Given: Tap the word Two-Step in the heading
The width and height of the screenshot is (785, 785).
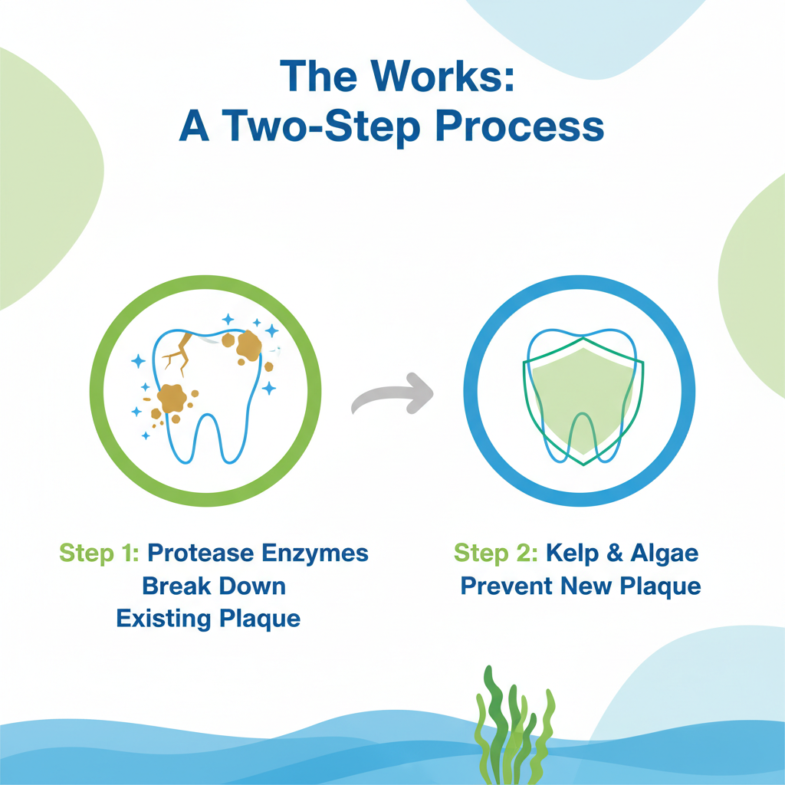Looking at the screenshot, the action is [x=321, y=127].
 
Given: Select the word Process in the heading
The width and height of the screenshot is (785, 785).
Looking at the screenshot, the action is [x=520, y=127].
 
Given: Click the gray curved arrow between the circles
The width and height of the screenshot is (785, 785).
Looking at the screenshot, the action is [x=392, y=394].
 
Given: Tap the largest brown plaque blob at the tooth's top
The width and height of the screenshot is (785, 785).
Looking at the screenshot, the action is [x=249, y=346].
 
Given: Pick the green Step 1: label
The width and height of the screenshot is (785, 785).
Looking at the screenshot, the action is [x=99, y=553].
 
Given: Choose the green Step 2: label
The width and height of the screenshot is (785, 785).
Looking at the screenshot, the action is [x=496, y=553].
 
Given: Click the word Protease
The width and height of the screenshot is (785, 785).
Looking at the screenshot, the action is [x=201, y=553].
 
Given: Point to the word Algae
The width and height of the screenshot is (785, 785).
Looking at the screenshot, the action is [x=665, y=554].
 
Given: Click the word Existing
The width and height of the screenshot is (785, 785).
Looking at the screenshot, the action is [x=163, y=619].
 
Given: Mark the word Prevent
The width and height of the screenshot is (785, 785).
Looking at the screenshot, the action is [x=506, y=586].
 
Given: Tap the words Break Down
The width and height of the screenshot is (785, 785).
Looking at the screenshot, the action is [x=214, y=586].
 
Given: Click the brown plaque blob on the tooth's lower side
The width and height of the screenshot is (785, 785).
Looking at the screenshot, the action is [x=172, y=399].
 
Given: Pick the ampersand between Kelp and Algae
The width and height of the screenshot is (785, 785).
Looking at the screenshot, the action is [x=614, y=553].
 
